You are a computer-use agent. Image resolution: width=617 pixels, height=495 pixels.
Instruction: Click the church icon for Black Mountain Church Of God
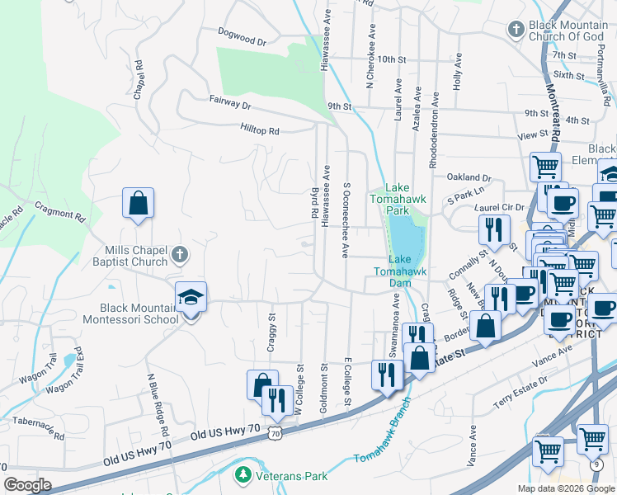coord(516,31)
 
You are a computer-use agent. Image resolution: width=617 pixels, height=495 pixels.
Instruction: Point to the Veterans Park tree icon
coord(243,475)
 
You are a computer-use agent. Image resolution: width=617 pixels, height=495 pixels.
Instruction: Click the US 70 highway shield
coord(276,431)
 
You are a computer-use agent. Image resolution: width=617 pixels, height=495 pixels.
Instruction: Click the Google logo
coord(27,485)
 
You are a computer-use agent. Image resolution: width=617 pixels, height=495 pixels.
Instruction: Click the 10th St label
coord(393,60)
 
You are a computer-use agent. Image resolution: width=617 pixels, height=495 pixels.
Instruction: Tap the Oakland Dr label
coord(469,177)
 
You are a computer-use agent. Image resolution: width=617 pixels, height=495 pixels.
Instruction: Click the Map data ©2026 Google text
coord(566,488)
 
